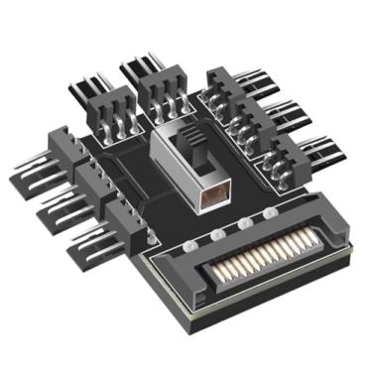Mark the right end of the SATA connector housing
tap(341, 233)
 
